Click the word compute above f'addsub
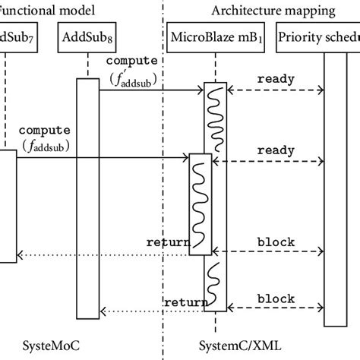(x=133, y=59)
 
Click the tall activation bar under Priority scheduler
(x=335, y=190)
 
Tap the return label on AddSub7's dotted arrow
(x=168, y=243)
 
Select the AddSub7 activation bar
(x=8, y=205)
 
